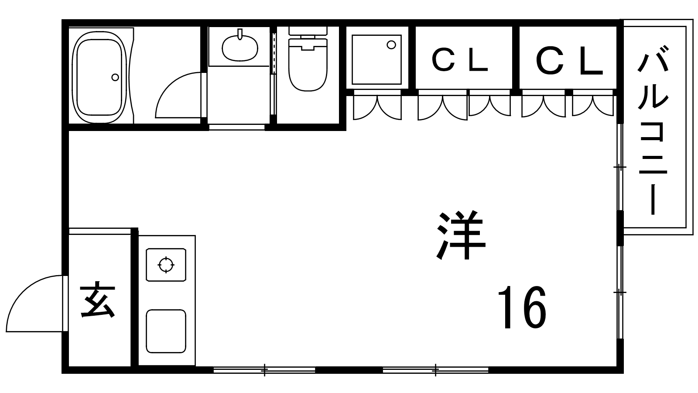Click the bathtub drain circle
[115, 77]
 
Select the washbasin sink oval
[240, 48]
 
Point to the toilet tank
[308, 31]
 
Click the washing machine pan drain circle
[391, 45]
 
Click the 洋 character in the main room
[461, 235]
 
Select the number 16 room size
[522, 307]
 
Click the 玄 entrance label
[98, 300]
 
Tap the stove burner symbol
[166, 265]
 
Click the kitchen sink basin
[166, 331]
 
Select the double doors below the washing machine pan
[377, 107]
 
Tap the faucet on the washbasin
[240, 34]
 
